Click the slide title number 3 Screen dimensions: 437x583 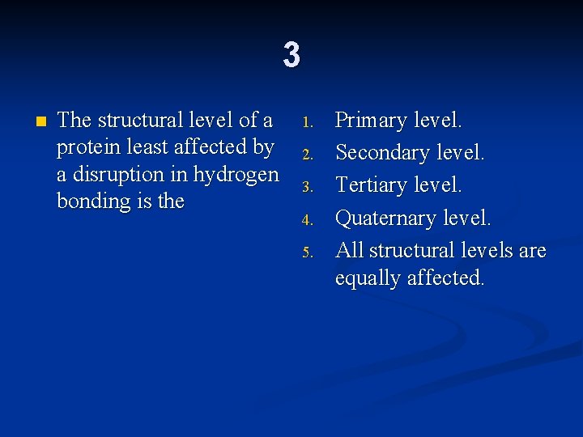[x=291, y=55]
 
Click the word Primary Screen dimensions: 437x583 [x=371, y=121]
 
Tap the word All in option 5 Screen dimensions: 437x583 [x=349, y=250]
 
